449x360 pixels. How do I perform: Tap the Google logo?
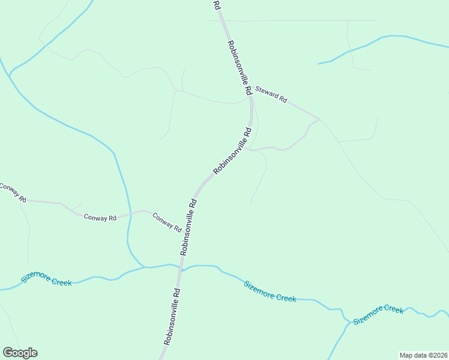[x=20, y=353]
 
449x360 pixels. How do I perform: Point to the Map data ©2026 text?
[x=423, y=355]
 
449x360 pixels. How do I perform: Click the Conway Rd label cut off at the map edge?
[x=12, y=191]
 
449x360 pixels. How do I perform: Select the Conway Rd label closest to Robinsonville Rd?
[x=167, y=222]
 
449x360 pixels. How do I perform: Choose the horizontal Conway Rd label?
[x=100, y=218]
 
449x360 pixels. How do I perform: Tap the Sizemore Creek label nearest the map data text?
[x=378, y=314]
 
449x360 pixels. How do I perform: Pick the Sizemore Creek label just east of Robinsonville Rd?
[x=270, y=291]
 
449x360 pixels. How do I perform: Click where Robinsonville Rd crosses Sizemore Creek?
[x=181, y=268]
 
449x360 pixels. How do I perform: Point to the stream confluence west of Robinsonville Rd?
[x=145, y=267]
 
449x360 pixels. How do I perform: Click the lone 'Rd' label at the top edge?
[x=217, y=5]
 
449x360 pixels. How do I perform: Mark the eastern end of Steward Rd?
[x=319, y=118]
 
